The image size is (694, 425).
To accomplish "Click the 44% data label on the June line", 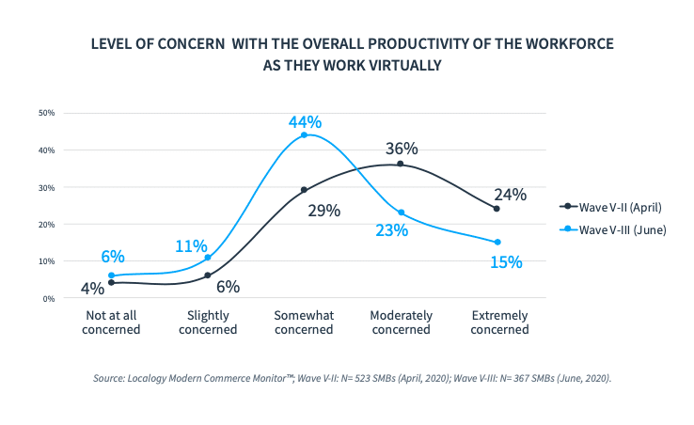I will coord(306,122).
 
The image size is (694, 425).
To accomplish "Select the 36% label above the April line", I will coord(402,149).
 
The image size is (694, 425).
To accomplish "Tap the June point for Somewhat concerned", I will coord(304,135).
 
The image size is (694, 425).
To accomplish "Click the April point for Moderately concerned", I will coord(401,164).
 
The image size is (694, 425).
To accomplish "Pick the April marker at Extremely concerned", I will coord(497,208).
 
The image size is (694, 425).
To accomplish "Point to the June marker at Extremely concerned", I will coord(497,242).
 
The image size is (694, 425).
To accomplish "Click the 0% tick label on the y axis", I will coord(49,298).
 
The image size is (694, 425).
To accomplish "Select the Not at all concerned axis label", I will coord(111,323).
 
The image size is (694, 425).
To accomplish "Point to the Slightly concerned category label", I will coord(207,323).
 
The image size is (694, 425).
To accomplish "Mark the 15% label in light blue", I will coord(505,262).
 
